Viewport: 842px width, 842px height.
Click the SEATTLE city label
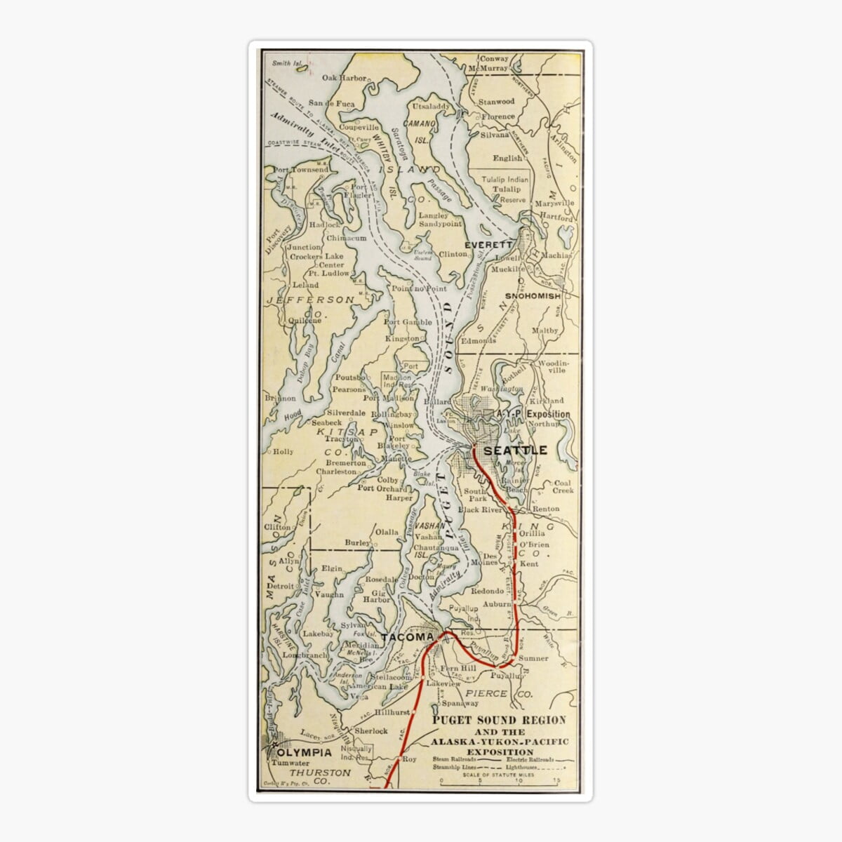pyautogui.click(x=514, y=450)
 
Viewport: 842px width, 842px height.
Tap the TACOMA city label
pyautogui.click(x=408, y=637)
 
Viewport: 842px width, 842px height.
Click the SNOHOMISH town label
pyautogui.click(x=533, y=296)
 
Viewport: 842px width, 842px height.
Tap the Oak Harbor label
pyautogui.click(x=345, y=78)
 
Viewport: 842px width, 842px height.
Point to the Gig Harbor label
pyautogui.click(x=377, y=595)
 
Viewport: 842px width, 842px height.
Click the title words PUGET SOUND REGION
pyautogui.click(x=499, y=721)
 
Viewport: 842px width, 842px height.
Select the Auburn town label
pyautogui.click(x=497, y=603)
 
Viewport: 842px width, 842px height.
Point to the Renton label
pyautogui.click(x=546, y=509)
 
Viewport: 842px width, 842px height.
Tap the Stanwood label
pyautogui.click(x=496, y=102)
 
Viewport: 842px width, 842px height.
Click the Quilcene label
pyautogui.click(x=305, y=321)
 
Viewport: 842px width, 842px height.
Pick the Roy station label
pyautogui.click(x=409, y=759)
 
